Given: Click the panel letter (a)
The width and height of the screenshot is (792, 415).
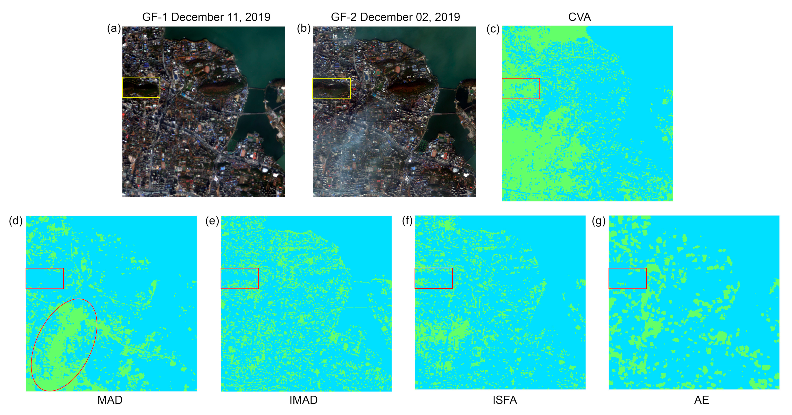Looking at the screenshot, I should tap(114, 28).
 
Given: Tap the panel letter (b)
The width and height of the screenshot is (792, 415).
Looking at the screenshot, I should tap(303, 28).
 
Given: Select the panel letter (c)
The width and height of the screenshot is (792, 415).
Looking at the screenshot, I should tap(493, 29).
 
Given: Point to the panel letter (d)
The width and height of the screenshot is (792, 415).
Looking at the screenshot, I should tap(16, 220).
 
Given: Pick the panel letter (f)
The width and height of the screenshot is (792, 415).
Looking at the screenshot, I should tap(407, 220).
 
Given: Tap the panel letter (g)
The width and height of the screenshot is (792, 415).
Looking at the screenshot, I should tap(599, 220).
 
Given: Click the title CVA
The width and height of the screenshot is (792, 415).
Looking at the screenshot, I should tap(579, 17).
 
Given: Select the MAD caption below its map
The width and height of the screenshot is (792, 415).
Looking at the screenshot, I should tap(110, 400).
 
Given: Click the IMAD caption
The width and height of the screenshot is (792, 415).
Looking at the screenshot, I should tap(303, 400).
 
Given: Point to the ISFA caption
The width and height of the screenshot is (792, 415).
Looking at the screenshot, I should tap(504, 400).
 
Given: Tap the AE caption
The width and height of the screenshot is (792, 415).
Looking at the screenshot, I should tap(701, 400).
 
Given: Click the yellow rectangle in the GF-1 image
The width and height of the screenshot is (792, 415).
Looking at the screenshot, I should tap(141, 77).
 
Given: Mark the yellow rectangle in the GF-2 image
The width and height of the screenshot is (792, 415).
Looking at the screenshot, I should tap(331, 78).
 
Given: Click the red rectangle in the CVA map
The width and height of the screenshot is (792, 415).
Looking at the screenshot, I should tap(521, 78).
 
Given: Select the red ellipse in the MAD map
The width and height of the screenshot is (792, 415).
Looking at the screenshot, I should tap(97, 326).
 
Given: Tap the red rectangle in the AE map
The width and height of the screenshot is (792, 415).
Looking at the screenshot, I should tap(627, 268).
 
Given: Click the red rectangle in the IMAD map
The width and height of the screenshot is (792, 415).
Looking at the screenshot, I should tap(239, 268).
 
